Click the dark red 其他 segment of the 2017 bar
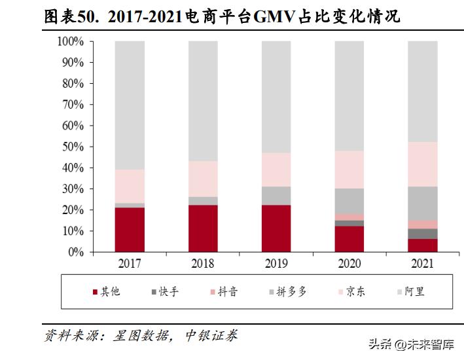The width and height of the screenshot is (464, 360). pyautogui.click(x=130, y=230)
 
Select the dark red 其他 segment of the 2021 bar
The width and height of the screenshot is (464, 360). pyautogui.click(x=423, y=245)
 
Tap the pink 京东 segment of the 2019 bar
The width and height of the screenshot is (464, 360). pyautogui.click(x=276, y=170)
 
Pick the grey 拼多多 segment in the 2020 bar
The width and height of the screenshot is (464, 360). pyautogui.click(x=349, y=201)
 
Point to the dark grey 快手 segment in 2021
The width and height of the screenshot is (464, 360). pyautogui.click(x=423, y=234)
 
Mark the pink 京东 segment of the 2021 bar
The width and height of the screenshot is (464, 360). pyautogui.click(x=423, y=164)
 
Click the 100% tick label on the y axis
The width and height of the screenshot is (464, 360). pyautogui.click(x=70, y=42)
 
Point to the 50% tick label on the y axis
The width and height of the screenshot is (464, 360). pyautogui.click(x=73, y=147)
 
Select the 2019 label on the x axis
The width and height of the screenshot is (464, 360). pyautogui.click(x=276, y=264)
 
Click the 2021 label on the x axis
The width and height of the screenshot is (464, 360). pyautogui.click(x=423, y=264)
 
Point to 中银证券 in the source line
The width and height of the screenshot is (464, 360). pyautogui.click(x=209, y=336)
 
